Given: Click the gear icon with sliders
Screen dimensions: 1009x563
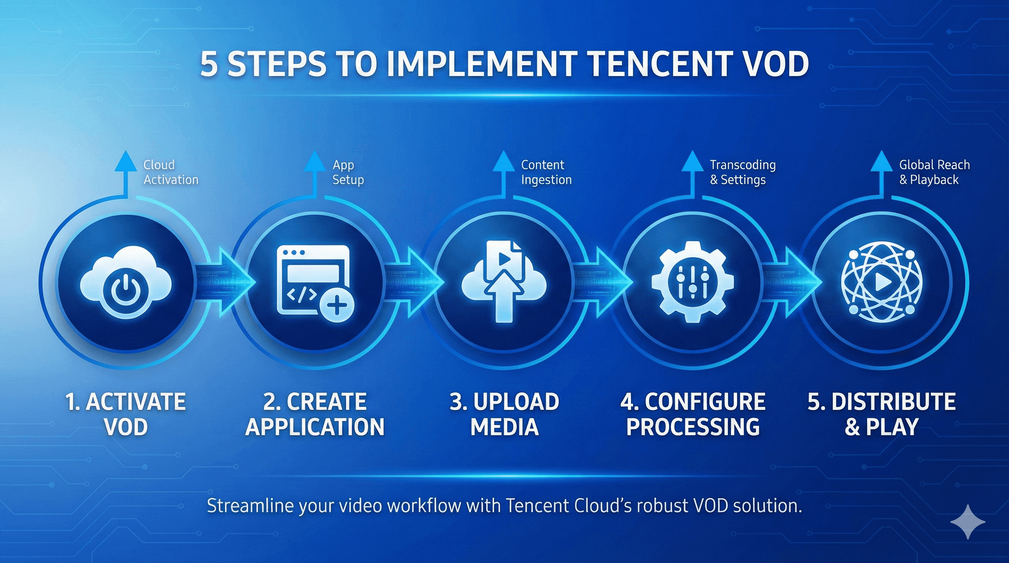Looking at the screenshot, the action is pos(693,281).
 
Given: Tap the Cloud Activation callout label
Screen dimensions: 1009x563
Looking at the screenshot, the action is pos(171,172).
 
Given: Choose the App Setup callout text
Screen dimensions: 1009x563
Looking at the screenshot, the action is pos(348,172).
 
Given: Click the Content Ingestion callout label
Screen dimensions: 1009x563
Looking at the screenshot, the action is pos(546,172).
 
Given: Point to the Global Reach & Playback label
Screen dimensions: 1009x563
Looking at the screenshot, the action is pos(934,172).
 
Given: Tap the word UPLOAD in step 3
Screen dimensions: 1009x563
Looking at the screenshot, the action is pos(516,402).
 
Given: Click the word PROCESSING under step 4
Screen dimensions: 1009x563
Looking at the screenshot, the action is pos(693,427).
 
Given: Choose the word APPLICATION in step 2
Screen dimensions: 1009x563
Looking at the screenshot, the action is pos(315,427).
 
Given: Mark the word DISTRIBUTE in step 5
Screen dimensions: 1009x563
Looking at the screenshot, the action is pos(893,402).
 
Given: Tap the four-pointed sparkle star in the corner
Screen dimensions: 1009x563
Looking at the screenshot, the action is pos(968,522).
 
